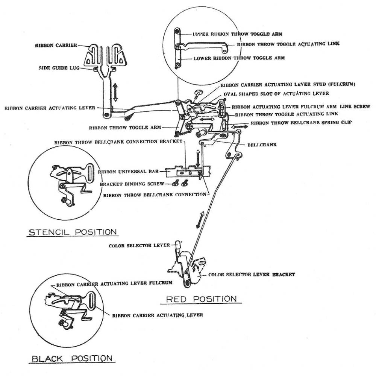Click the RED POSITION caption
[201, 299]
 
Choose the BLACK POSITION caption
[71, 358]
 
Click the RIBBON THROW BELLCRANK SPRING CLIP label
[301, 123]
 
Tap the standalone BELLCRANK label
[262, 145]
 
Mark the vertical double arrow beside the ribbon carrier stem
[115, 92]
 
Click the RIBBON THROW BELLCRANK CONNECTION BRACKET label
[118, 143]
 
